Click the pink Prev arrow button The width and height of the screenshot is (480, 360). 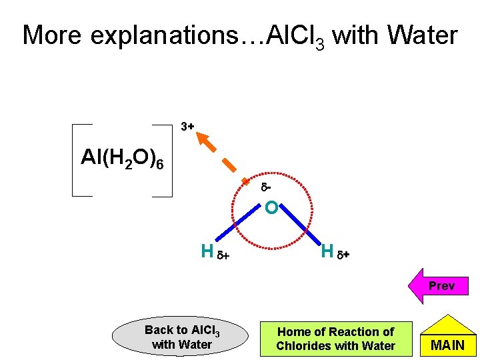point(440,285)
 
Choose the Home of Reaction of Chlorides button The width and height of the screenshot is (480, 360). point(335,338)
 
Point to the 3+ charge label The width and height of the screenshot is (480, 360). point(187,126)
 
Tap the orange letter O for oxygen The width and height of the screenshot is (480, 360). point(271,209)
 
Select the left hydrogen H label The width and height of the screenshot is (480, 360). point(207,251)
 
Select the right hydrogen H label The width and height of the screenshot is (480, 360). point(327,251)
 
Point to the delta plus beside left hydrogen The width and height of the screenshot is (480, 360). point(224,253)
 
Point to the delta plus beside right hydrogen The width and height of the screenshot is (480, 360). point(343,253)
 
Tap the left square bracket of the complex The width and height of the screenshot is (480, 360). point(74,160)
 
